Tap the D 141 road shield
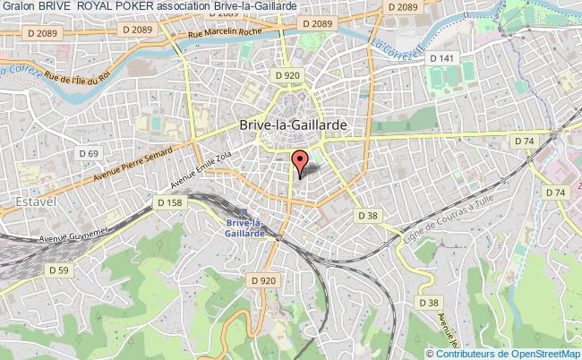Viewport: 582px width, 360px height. tap(441, 58)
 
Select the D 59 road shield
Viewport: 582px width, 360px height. tap(59, 270)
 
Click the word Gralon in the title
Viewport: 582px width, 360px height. tap(17, 7)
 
